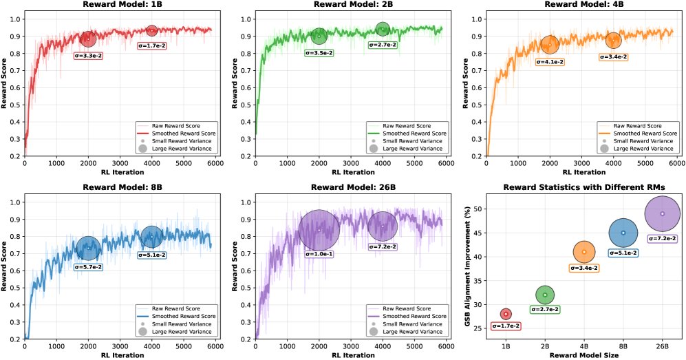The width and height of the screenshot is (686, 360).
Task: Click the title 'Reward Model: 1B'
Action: pos(118,5)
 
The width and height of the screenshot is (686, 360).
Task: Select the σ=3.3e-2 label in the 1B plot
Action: pos(88,54)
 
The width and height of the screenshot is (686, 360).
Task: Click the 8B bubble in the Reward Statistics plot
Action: pos(623,233)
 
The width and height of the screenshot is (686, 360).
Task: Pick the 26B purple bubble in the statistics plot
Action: pos(662,213)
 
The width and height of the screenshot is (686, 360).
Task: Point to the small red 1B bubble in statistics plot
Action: pos(506,314)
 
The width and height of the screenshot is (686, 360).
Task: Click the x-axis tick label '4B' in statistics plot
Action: pos(583,342)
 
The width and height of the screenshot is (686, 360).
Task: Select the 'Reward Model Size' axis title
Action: pos(583,354)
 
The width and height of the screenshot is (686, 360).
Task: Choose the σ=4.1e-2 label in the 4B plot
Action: pos(550,62)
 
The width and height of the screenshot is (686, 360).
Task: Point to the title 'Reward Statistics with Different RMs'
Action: pos(583,187)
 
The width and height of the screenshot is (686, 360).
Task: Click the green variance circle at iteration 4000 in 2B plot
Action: pos(383,29)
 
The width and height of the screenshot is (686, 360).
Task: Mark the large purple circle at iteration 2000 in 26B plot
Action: pos(319,230)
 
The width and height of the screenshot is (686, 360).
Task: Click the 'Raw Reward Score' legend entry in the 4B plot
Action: pos(637,125)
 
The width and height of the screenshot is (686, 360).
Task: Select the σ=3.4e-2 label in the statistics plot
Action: pos(583,268)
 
